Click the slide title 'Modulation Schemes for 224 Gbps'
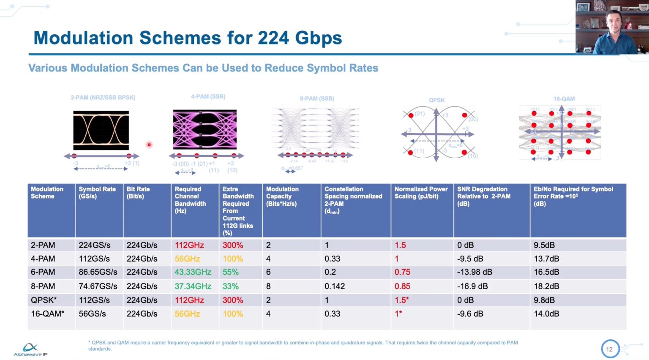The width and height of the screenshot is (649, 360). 188,38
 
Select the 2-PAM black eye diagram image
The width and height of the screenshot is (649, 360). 101,130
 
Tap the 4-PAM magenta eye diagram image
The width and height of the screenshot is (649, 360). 205,129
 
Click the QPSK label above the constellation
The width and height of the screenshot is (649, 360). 436,100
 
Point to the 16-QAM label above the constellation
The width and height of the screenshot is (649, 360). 564,99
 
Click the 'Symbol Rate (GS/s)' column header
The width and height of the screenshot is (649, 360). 97,193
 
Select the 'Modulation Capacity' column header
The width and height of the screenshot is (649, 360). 282,196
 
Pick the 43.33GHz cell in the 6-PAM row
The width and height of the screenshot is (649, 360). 193,272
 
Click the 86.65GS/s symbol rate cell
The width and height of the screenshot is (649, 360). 98,272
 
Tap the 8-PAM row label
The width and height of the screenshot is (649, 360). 43,286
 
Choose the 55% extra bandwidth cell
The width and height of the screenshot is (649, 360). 231,272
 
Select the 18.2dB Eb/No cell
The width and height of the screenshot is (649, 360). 546,286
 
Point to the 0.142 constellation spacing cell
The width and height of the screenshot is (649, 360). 335,286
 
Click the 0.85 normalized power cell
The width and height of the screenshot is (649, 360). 402,286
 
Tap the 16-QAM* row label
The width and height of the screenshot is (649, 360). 47,314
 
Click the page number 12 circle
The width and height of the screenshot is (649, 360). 610,349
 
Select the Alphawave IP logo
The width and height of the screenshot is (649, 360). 30,349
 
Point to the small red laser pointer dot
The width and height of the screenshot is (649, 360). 149,145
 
